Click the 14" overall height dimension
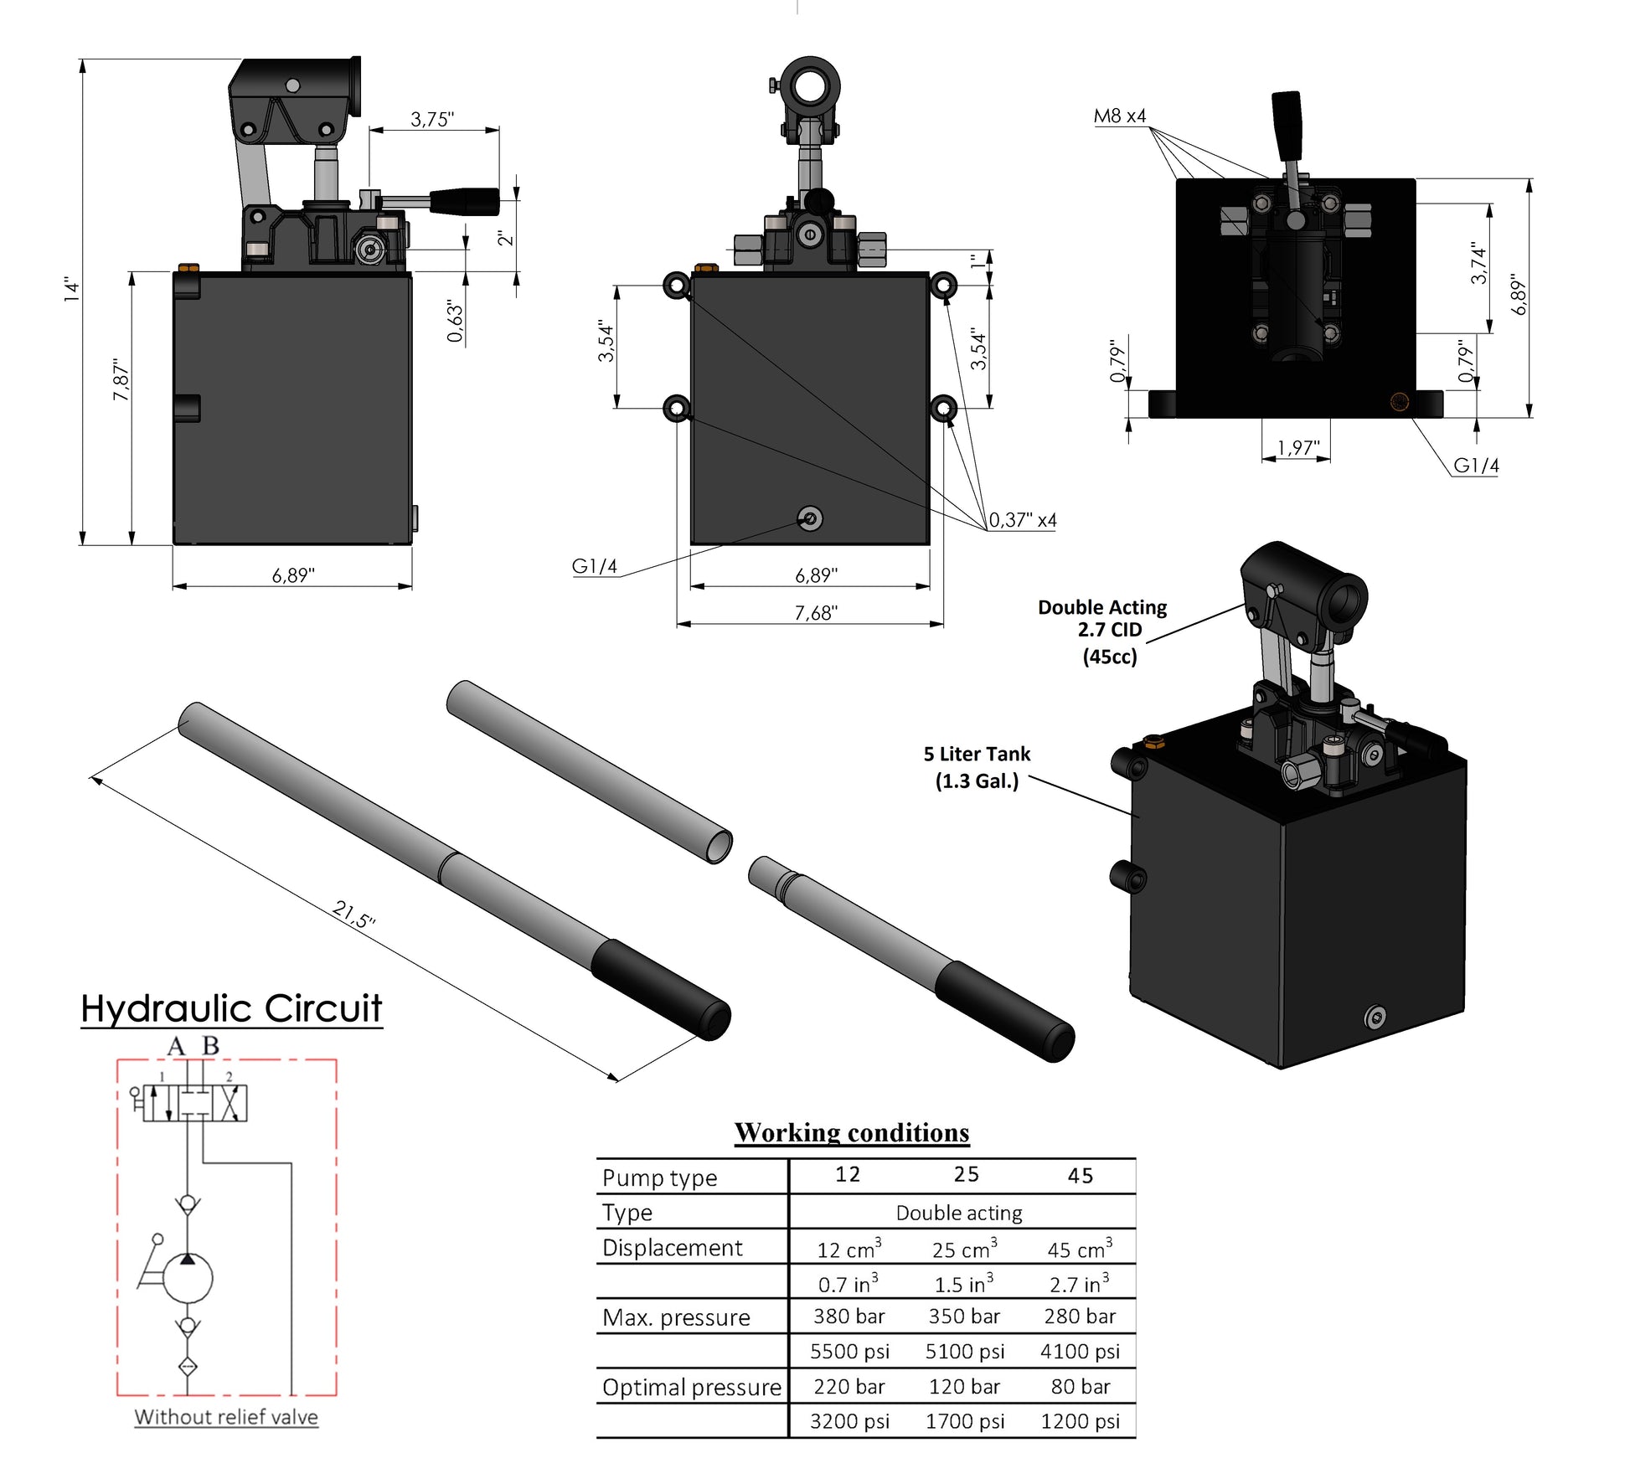coord(72,290)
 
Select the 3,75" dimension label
coord(432,119)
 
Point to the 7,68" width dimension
coord(815,613)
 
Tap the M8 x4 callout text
coord(1119,116)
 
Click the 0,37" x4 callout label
coord(1022,520)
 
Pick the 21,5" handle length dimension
coord(353,914)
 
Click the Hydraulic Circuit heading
coord(231,1008)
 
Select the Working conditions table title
coord(852,1132)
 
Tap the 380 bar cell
coord(849,1317)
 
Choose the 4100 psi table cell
coord(1080,1351)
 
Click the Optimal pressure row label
coord(691,1387)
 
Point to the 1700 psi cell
coord(964,1421)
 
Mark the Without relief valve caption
coord(226,1417)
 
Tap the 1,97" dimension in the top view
coord(1297,448)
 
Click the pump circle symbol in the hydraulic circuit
coord(188,1278)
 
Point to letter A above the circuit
coord(175,1046)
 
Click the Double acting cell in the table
coord(959,1213)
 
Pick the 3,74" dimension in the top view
coord(1478,263)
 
